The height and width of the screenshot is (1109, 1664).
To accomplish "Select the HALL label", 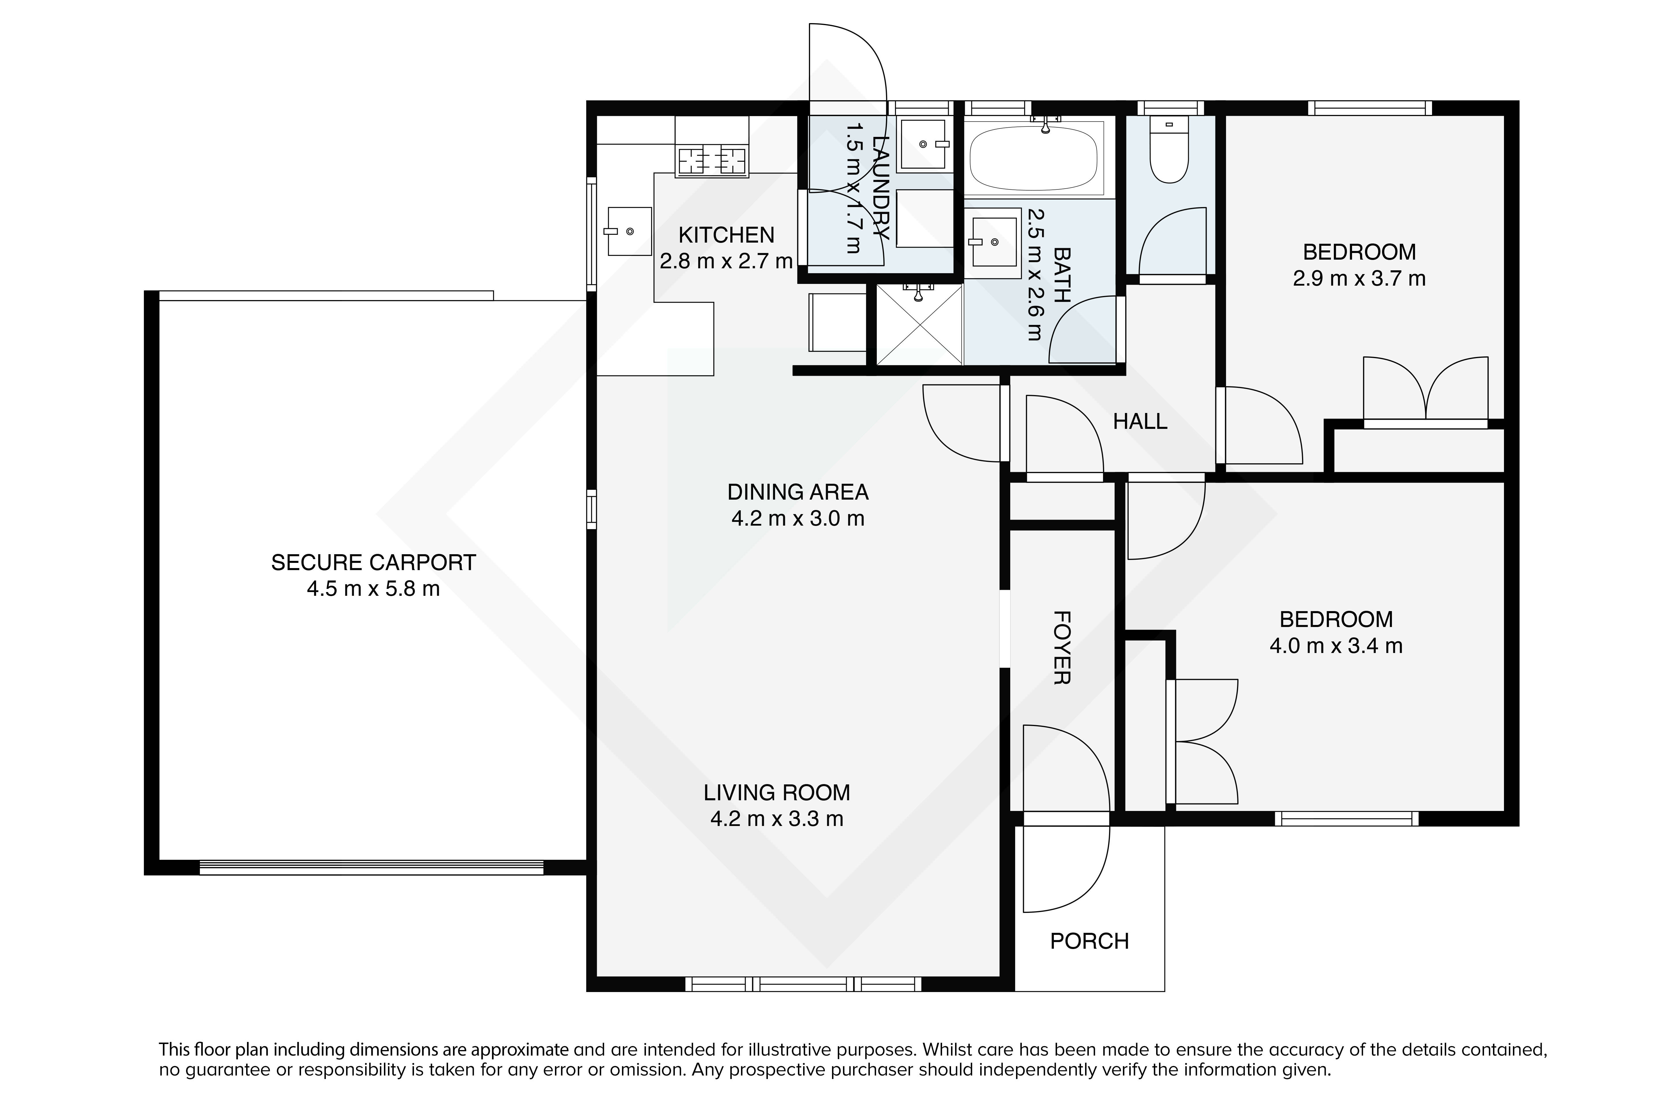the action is point(1140,422).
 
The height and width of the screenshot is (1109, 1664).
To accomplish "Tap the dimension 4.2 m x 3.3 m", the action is point(777,819).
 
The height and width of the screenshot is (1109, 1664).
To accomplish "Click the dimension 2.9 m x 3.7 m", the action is point(1359,279).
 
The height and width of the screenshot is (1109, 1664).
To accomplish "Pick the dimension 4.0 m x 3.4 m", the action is point(1336,646).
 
